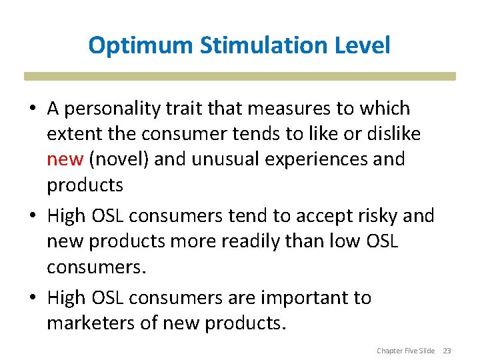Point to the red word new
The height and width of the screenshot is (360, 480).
[x=65, y=159]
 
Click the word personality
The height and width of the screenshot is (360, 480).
[x=119, y=108]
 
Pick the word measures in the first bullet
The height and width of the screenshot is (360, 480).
[x=273, y=108]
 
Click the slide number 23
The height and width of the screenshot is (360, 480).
[x=447, y=350]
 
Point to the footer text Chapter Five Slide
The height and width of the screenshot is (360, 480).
[x=405, y=350]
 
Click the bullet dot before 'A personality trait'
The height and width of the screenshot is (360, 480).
[x=32, y=109]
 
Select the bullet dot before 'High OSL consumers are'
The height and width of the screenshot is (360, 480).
[x=32, y=298]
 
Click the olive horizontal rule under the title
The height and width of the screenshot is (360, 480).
[x=240, y=76]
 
